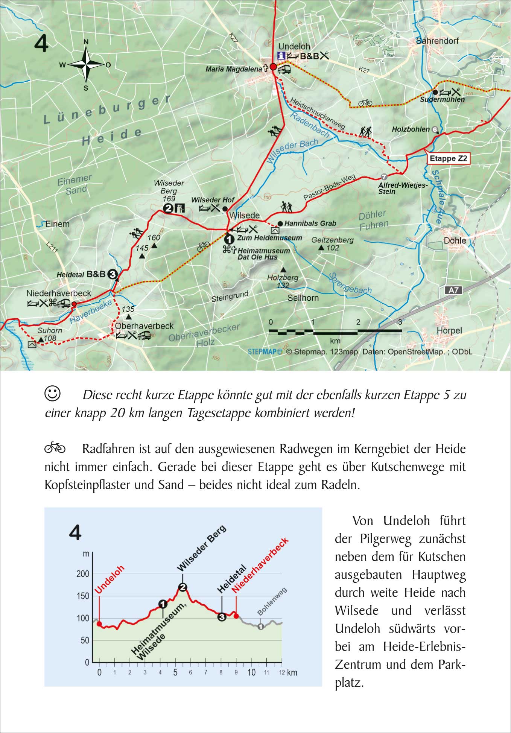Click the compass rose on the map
pos(86,65)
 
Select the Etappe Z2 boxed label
pos(448,158)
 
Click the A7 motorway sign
pos(453,290)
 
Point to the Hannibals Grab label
pos(310,224)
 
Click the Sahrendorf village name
pos(437,41)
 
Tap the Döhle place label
pos(455,240)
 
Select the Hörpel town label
pos(449,330)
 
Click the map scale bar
pos(335,332)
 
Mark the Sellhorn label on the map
pos(303,298)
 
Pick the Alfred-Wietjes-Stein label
pos(403,188)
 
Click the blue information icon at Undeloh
pos(281,56)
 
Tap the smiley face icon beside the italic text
pos(52,393)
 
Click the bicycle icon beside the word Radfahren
pos(55,448)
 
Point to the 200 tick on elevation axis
pos(83,574)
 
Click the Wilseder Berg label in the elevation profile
pos(202,547)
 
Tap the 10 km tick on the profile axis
pos(251,672)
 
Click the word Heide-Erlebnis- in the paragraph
pos(424,646)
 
